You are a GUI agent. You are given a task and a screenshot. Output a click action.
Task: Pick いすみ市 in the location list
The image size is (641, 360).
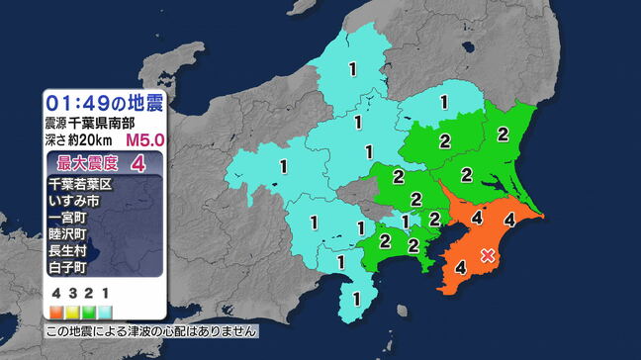[x=71, y=202]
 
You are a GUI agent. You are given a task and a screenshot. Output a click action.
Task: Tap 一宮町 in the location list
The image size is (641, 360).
[x=66, y=218]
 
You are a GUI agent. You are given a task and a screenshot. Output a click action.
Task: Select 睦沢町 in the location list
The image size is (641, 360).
[x=66, y=234]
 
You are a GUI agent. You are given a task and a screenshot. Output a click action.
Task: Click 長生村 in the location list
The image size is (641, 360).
[x=66, y=251]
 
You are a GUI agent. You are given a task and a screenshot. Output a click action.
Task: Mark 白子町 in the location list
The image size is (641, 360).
[x=66, y=267]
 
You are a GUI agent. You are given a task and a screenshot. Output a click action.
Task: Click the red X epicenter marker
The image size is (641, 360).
[x=487, y=256]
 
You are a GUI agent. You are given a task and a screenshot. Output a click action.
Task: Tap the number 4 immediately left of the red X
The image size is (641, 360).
[x=461, y=265]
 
